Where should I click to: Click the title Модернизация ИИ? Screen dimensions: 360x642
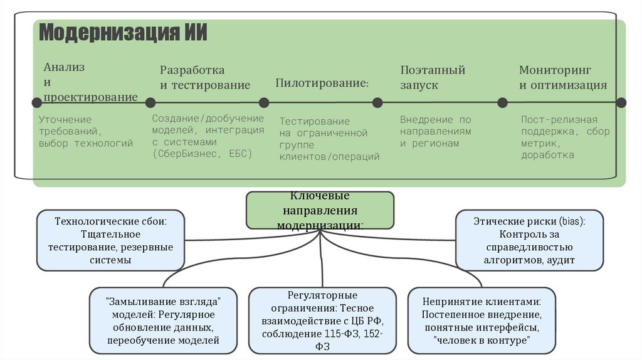(x=123, y=33)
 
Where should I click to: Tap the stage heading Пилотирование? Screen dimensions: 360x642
(x=322, y=83)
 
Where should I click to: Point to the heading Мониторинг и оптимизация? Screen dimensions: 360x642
(x=562, y=78)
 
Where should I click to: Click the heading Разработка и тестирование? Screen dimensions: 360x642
(x=204, y=78)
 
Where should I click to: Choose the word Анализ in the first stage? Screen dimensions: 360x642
(x=64, y=67)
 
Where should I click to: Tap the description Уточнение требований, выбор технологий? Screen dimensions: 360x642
(x=86, y=131)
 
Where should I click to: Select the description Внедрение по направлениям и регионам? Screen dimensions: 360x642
(x=435, y=131)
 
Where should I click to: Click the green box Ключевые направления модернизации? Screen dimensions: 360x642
(x=320, y=210)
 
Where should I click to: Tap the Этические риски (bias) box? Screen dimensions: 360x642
(x=529, y=240)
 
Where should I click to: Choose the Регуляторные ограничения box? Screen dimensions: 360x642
(x=322, y=320)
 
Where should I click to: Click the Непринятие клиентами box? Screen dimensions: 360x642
(x=481, y=319)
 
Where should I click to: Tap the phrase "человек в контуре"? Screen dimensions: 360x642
(x=481, y=340)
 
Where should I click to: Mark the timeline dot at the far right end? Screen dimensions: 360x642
(x=621, y=103)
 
